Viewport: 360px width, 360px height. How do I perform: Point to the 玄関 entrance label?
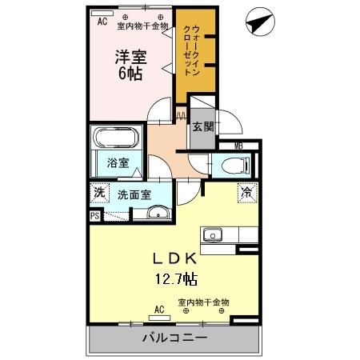tap(202, 126)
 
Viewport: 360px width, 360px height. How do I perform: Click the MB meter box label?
tap(238, 146)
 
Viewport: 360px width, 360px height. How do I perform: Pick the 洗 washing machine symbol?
tap(98, 193)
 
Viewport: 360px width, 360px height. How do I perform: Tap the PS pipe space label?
tap(94, 215)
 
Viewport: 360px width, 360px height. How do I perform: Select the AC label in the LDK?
tap(158, 308)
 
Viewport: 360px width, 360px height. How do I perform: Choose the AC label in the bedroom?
tap(102, 22)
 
